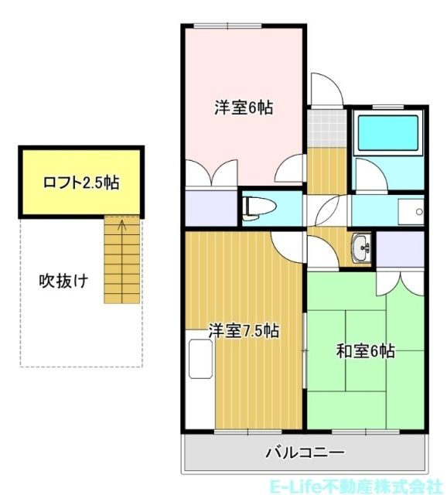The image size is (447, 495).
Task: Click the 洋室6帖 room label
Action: (x=244, y=108)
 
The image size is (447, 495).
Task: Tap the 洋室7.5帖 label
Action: (x=244, y=331)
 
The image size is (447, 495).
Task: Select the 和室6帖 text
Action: (x=365, y=352)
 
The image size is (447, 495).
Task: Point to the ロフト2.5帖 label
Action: (x=81, y=183)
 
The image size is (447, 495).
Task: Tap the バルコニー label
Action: (x=304, y=452)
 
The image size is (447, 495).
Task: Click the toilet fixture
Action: (x=256, y=207)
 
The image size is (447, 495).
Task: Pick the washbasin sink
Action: (x=361, y=247)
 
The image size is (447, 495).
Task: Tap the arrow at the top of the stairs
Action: (x=120, y=226)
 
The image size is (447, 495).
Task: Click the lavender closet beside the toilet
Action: (x=210, y=207)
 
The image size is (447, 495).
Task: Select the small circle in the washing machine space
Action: (x=418, y=210)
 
